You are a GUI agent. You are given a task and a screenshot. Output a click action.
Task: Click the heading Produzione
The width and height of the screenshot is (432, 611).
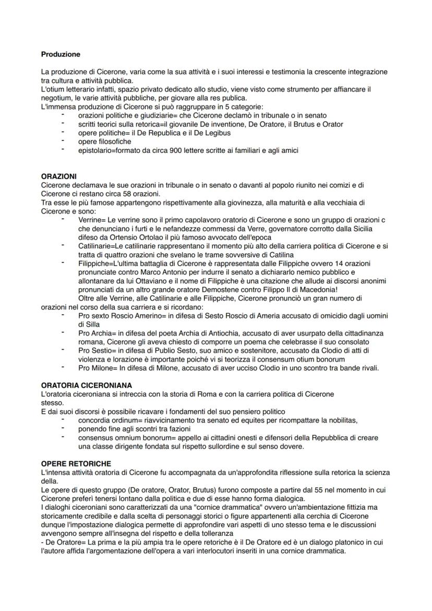[61, 54]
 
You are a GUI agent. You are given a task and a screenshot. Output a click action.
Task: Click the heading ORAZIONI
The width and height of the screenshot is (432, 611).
[58, 176]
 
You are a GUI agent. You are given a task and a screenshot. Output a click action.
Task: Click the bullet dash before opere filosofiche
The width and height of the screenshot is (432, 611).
[63, 141]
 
